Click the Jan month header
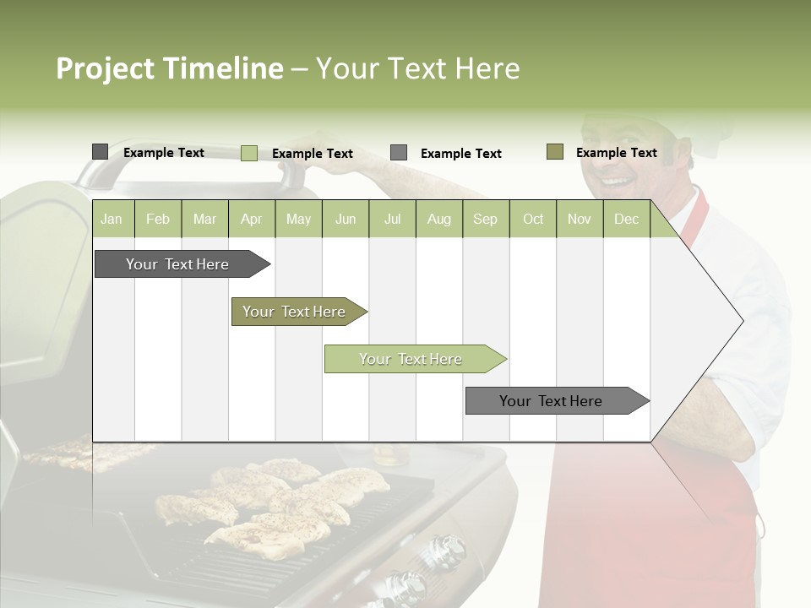(112, 220)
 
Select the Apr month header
(251, 220)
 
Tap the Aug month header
(438, 220)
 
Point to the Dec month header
(626, 220)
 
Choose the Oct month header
(533, 220)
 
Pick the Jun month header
(346, 220)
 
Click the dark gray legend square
(100, 152)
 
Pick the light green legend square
(248, 153)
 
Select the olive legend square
(555, 152)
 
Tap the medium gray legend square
(399, 153)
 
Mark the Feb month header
(158, 220)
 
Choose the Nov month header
(580, 220)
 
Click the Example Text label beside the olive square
(616, 153)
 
